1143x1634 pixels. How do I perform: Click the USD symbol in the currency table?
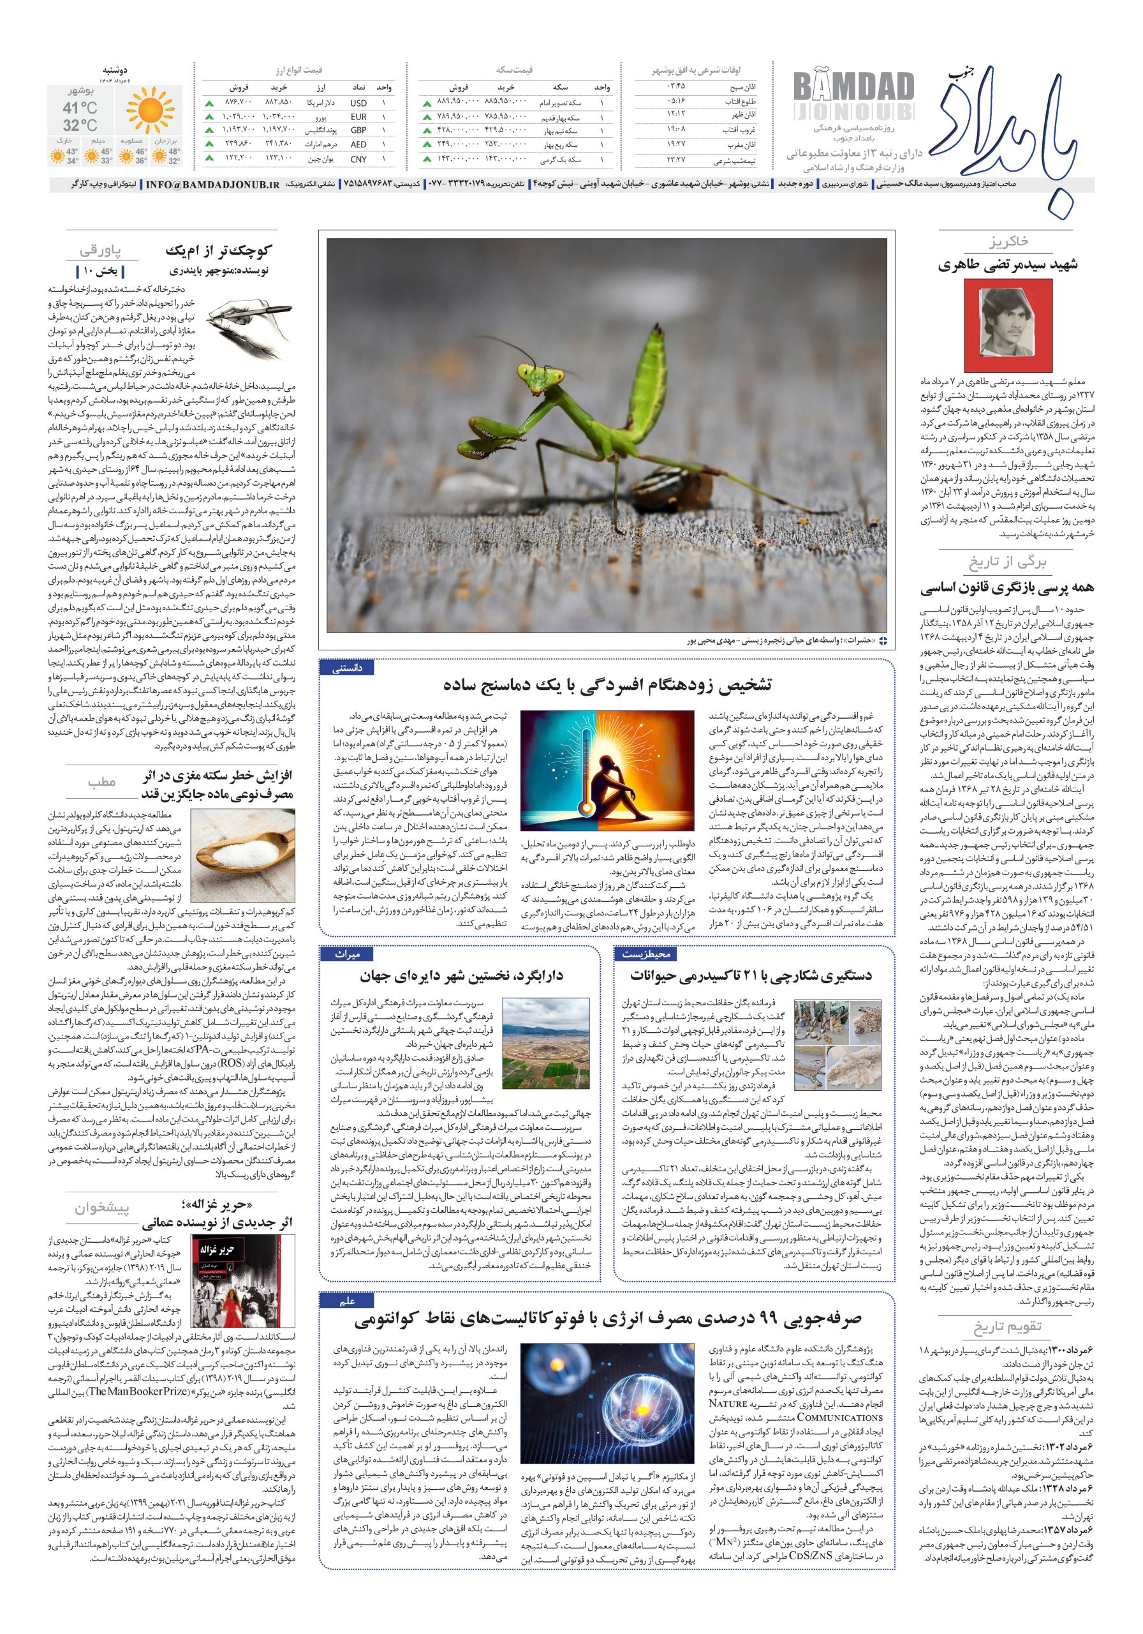pyautogui.click(x=358, y=103)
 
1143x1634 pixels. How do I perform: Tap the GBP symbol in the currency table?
pyautogui.click(x=358, y=131)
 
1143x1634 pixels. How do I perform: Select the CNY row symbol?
pyautogui.click(x=358, y=160)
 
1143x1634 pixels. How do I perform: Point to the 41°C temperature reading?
pyautogui.click(x=80, y=108)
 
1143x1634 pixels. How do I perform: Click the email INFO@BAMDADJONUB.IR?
pyautogui.click(x=212, y=184)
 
